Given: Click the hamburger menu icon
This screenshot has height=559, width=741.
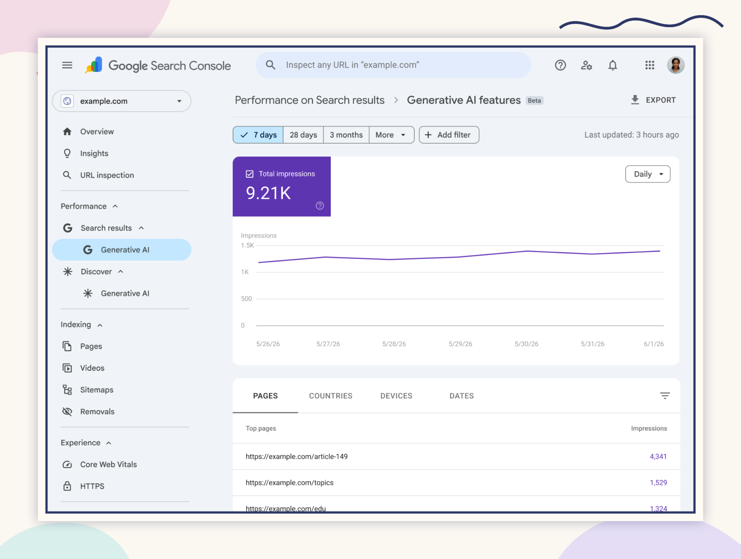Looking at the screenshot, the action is point(67,65).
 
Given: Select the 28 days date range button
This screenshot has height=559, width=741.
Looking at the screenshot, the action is point(303,135).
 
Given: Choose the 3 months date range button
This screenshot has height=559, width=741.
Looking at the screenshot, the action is point(346,135).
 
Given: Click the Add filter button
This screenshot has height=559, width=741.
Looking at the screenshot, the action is point(449,135).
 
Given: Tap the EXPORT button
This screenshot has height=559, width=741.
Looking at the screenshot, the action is point(653,100).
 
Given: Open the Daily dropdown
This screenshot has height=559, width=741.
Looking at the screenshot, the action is point(648,174).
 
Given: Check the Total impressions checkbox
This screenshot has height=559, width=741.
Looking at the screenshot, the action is point(250,174).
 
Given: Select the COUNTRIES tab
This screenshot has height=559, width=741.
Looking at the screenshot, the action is point(331,396).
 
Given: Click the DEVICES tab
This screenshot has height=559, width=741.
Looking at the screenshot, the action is point(396,396).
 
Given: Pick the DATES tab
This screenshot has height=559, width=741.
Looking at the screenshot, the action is point(462,396).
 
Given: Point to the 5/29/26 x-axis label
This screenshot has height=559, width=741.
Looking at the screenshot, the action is point(460,344).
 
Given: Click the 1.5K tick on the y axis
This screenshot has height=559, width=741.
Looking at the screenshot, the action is point(247,246).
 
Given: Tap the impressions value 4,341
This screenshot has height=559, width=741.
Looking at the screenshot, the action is point(658,456).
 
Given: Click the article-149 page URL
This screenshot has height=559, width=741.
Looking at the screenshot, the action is point(297,456).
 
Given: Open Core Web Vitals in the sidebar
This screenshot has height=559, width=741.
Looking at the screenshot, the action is point(108,464).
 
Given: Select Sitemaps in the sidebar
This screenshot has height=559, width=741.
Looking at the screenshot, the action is point(96,390).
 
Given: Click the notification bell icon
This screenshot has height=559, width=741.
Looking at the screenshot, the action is point(613,65).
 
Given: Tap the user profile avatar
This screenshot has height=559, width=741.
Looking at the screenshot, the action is point(676,65).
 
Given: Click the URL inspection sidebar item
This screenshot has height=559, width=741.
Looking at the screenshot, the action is point(107,175).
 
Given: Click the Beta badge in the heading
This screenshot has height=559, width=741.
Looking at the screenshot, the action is point(535,100).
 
